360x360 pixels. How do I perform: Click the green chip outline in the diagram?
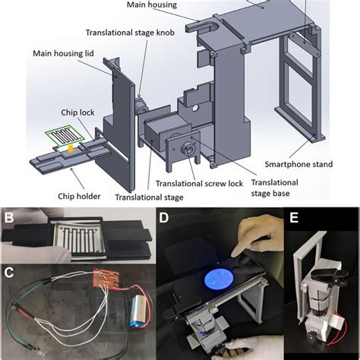coord(72,136)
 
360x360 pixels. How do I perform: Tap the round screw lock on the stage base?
coord(187,149)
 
